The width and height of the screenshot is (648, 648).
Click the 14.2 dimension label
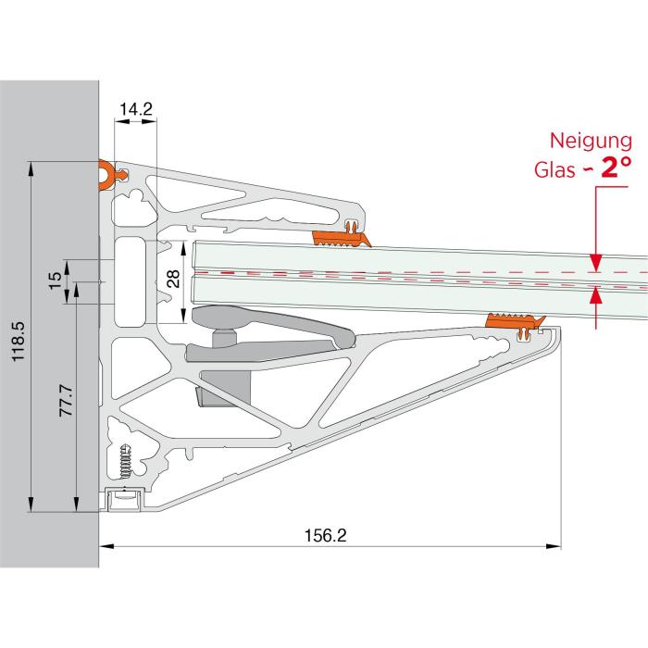[136, 108]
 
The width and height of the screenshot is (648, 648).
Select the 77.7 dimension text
[66, 400]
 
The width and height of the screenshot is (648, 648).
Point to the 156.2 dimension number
[325, 536]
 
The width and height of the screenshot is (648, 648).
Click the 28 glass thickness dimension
[174, 279]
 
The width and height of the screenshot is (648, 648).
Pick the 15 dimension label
[55, 280]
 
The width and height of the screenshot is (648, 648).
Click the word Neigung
[591, 142]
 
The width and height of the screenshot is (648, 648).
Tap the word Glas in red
[555, 169]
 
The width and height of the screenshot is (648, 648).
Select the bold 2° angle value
[617, 167]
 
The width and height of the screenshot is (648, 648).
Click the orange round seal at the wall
[106, 175]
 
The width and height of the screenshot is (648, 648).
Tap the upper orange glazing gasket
[342, 239]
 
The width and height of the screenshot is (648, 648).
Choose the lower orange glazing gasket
[515, 321]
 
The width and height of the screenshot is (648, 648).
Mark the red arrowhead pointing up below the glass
[595, 294]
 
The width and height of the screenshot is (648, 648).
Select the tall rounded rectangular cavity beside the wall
[130, 281]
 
